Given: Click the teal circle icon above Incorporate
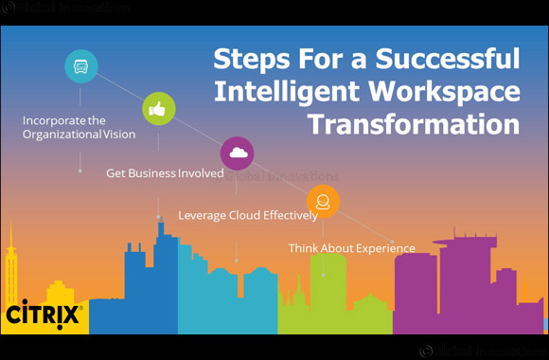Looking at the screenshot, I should (80, 66).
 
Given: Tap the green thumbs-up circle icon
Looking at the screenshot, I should (157, 109).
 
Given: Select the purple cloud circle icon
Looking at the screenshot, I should (237, 153).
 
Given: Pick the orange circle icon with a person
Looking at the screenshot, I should (323, 201).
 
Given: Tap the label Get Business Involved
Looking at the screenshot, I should (165, 174).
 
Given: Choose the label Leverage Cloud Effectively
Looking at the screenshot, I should (248, 215).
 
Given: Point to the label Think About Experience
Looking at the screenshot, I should (351, 248).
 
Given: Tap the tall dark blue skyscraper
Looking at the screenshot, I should (161, 275).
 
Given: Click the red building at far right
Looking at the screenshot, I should (535, 303).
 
